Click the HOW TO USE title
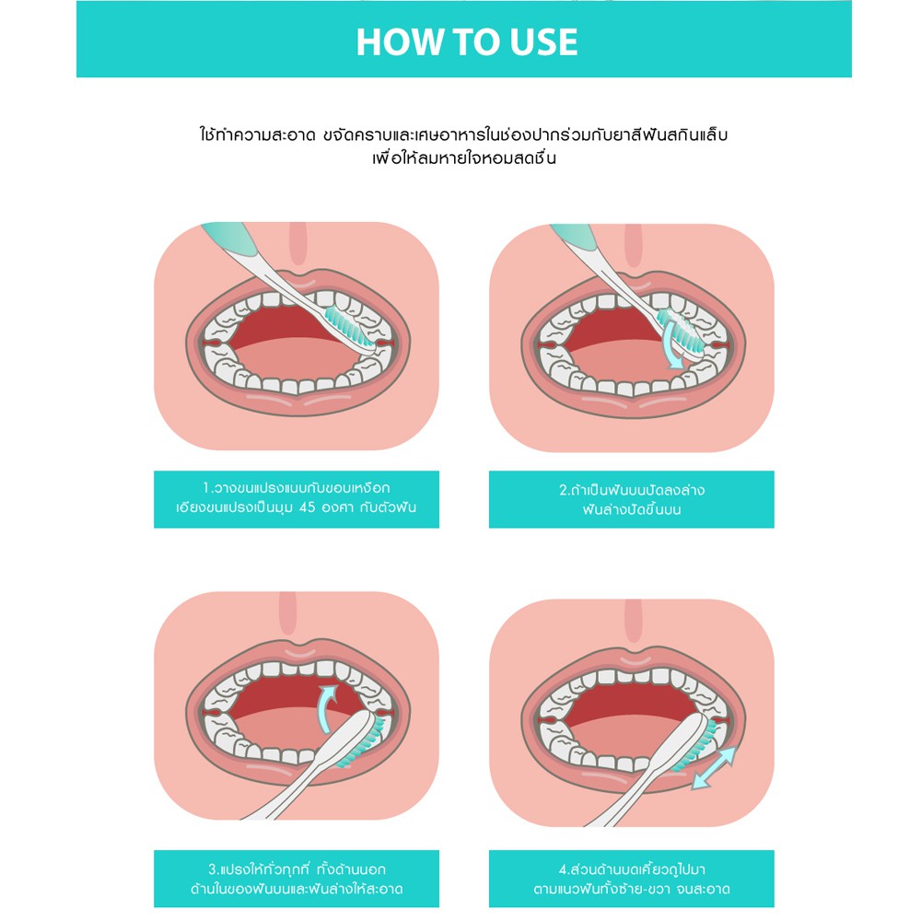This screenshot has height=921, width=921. point(467,41)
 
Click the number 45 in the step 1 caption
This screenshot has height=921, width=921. point(308,507)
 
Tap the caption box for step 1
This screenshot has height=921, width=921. point(297,498)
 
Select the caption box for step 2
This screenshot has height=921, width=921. point(632,498)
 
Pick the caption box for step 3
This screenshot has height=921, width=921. point(297,878)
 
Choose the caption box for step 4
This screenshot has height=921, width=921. point(632,878)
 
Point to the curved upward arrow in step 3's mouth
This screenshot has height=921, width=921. point(325,706)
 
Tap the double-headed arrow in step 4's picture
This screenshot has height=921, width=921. point(714,767)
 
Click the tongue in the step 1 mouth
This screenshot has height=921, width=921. point(297,359)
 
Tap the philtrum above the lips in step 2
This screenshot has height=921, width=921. point(634,246)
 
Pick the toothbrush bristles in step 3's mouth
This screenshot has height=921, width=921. point(363,741)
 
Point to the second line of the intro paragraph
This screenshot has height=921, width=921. point(464,158)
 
